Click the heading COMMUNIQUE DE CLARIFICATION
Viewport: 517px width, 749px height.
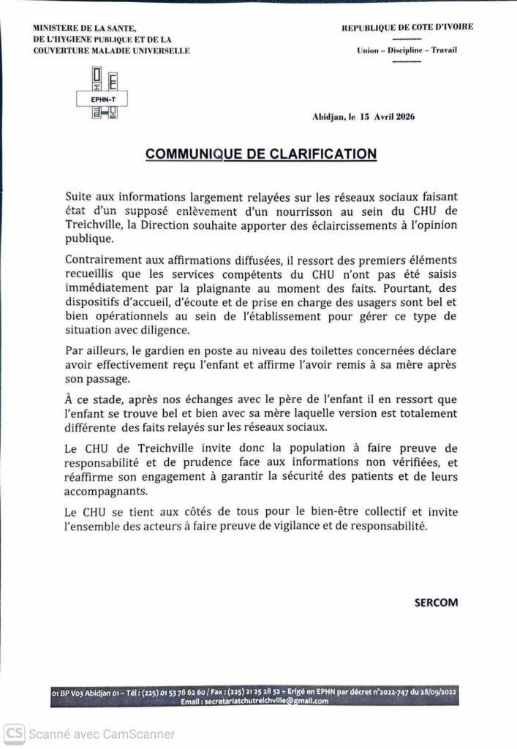tap(261, 154)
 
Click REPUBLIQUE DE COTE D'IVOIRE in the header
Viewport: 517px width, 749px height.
tap(407, 27)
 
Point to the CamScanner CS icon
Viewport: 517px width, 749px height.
tap(15, 733)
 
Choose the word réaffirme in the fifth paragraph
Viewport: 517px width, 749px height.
tap(91, 478)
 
